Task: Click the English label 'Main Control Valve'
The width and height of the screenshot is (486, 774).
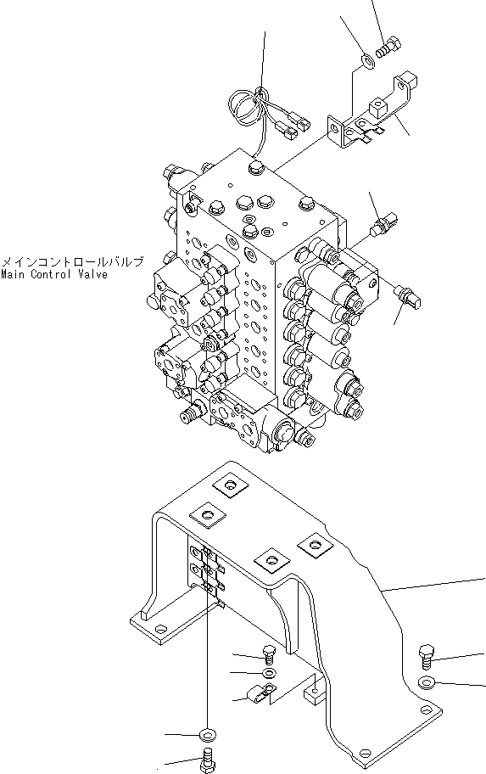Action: coord(53,275)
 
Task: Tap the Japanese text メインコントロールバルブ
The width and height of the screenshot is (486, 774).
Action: coord(71,262)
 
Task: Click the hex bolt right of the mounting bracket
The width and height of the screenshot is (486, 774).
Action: coord(427,655)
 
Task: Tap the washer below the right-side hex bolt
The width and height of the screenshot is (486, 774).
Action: coord(427,683)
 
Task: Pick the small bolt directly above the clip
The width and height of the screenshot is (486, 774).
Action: coord(268,654)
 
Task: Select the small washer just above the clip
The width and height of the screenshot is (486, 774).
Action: coord(268,673)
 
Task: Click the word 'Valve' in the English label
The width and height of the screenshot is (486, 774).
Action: coord(91,275)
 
